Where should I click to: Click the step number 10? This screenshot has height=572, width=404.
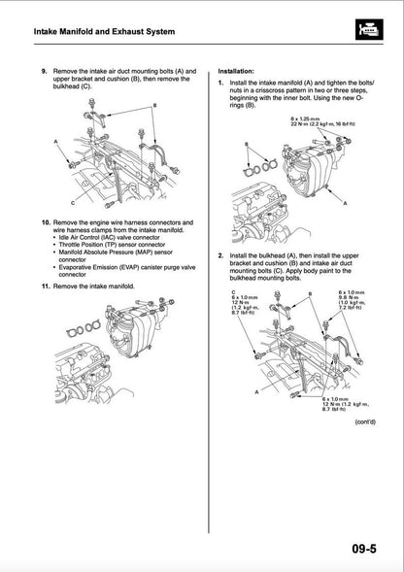[x=45, y=222]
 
